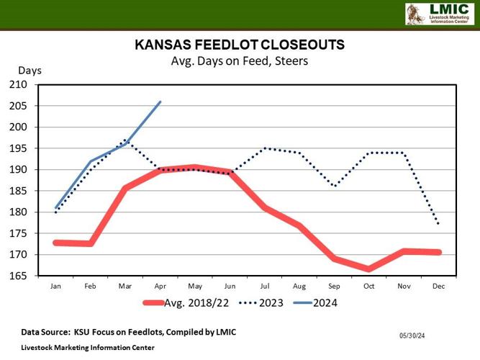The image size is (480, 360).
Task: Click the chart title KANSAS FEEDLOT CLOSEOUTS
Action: click(240, 45)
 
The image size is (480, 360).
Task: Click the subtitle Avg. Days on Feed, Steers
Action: click(239, 61)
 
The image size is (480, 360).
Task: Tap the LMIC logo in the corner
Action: click(439, 14)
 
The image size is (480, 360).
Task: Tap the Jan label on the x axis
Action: click(55, 286)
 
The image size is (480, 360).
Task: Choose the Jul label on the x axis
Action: click(264, 286)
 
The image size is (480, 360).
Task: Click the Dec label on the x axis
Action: click(438, 286)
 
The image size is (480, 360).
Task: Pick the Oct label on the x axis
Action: click(368, 286)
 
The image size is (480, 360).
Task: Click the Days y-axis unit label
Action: click(30, 71)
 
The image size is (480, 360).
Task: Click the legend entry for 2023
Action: click(268, 303)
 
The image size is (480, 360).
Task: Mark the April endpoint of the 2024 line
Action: click(160, 102)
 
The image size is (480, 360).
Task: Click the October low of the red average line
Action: click(368, 269)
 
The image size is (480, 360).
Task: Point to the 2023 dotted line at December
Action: click(438, 224)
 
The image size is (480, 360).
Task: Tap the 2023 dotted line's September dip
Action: click(334, 186)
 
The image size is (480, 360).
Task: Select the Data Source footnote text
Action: click(128, 332)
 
